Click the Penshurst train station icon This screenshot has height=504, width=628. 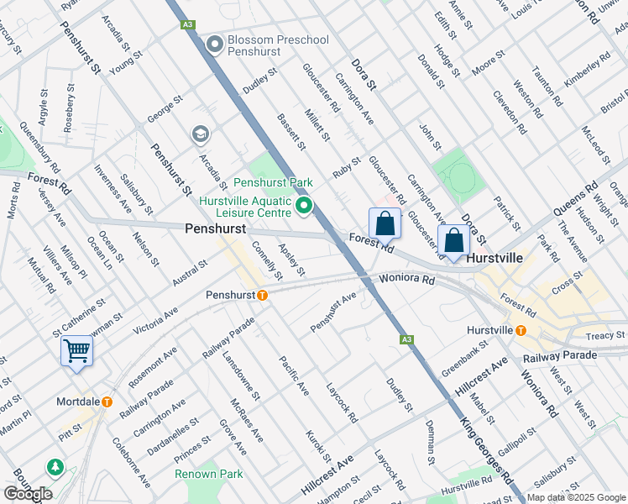point(262,295)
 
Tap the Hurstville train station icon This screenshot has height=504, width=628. point(521,330)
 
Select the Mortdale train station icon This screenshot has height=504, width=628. point(107,402)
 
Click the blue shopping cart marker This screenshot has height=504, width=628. point(76,350)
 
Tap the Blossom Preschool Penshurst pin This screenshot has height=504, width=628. point(215,45)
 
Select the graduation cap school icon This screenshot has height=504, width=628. point(200,134)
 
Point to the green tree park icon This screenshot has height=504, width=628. point(55,466)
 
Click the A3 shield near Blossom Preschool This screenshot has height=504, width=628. point(187,26)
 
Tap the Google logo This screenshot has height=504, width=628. point(28,494)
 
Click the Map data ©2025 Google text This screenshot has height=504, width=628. point(576,497)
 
